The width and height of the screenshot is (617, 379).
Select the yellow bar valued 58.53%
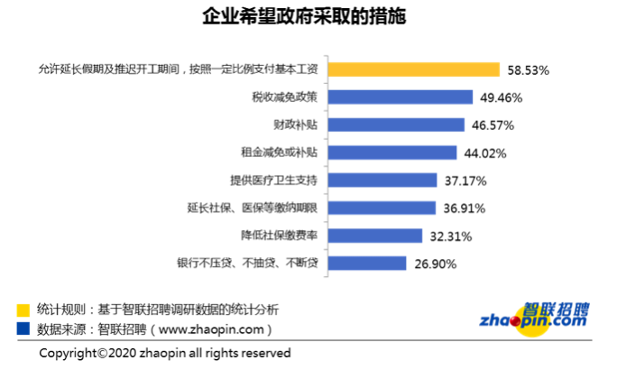tap(414, 69)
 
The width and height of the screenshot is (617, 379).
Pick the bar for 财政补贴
tap(398, 125)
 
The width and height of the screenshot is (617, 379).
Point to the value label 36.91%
tap(465, 208)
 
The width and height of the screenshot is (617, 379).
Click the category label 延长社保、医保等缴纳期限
tap(253, 208)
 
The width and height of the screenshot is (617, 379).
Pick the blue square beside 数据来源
tap(22, 328)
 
